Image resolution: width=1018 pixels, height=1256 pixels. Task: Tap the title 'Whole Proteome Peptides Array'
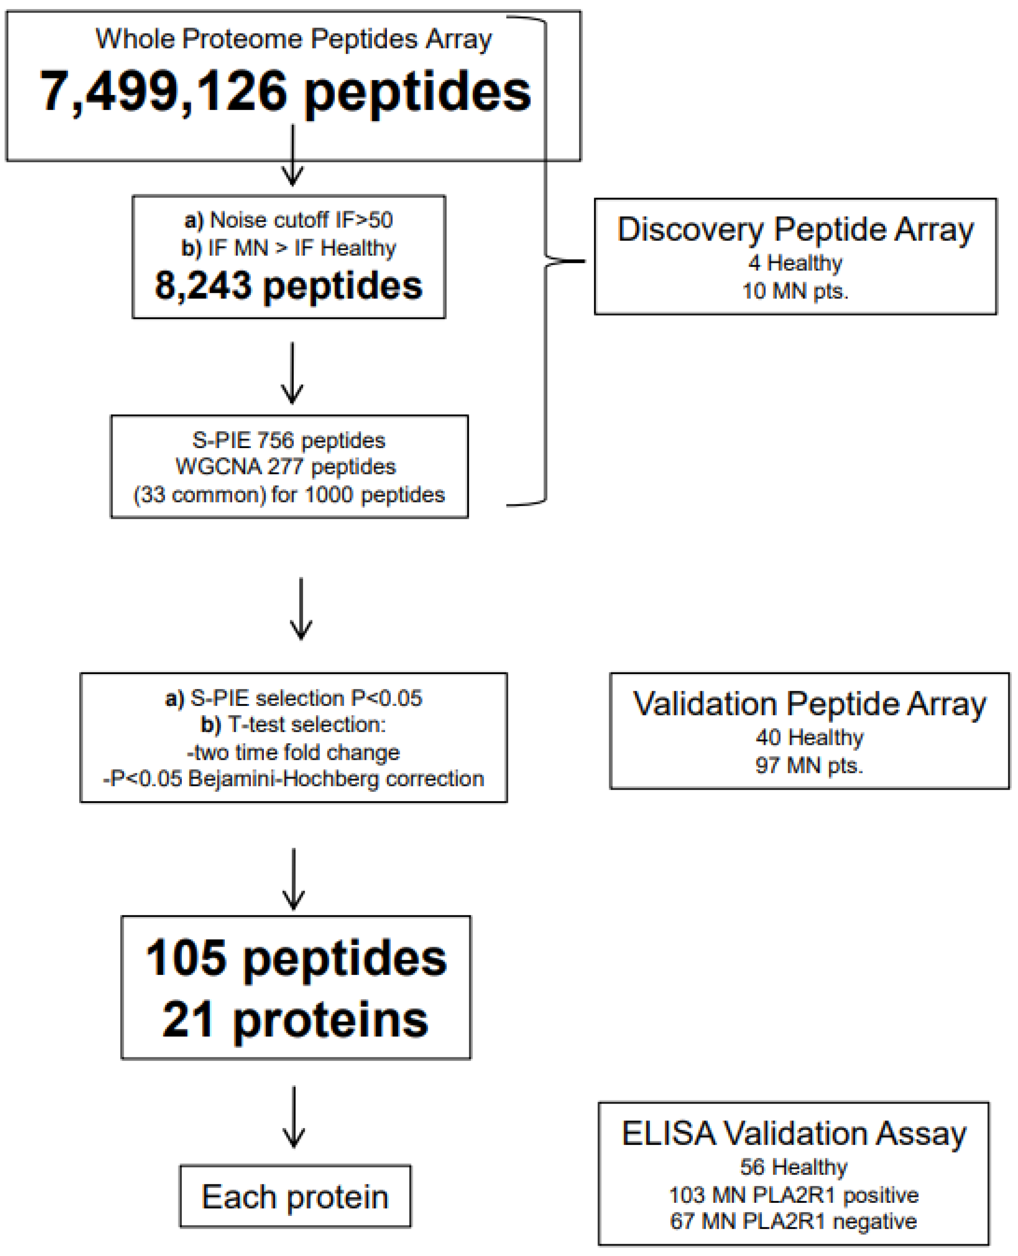tap(293, 39)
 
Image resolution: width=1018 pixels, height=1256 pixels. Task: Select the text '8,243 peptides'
tap(289, 286)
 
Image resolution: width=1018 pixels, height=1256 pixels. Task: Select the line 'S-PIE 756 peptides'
tap(289, 440)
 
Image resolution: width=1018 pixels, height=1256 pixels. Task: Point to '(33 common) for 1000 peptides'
tap(289, 495)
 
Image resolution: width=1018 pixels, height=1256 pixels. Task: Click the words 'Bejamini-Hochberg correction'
tap(336, 779)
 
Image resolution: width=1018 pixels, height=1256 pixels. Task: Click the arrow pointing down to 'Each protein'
tap(293, 1117)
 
